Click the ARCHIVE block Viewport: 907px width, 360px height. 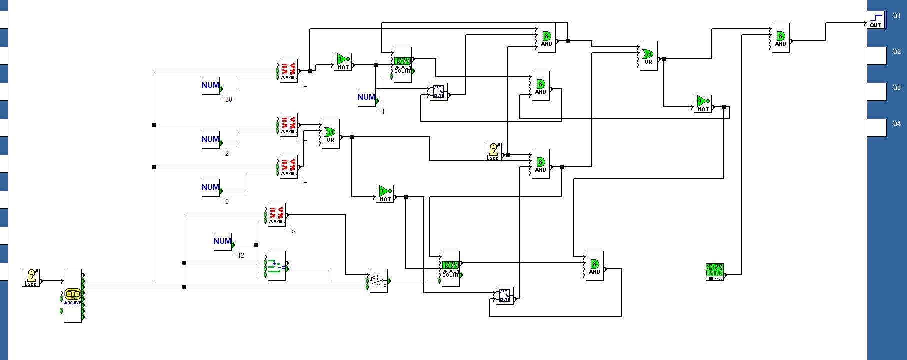[73, 296]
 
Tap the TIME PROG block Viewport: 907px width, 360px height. [715, 272]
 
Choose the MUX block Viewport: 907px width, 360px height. [378, 281]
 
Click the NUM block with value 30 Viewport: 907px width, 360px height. [211, 86]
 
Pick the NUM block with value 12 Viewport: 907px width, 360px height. [223, 242]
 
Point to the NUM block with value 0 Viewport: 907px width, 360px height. [211, 188]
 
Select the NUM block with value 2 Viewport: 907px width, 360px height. [211, 140]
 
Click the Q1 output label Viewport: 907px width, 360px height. [896, 16]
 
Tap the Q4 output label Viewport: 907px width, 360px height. [896, 124]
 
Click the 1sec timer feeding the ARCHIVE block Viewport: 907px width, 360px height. [31, 278]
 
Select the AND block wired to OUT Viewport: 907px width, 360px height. [780, 38]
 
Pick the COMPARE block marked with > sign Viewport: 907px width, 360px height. [277, 215]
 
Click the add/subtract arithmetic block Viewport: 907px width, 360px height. [277, 266]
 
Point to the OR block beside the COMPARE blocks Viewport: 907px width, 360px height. [330, 134]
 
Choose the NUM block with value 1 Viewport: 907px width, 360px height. [367, 98]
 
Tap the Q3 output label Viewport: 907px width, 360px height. [896, 88]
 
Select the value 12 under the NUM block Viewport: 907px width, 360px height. [241, 255]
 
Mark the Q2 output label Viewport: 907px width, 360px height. [896, 52]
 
